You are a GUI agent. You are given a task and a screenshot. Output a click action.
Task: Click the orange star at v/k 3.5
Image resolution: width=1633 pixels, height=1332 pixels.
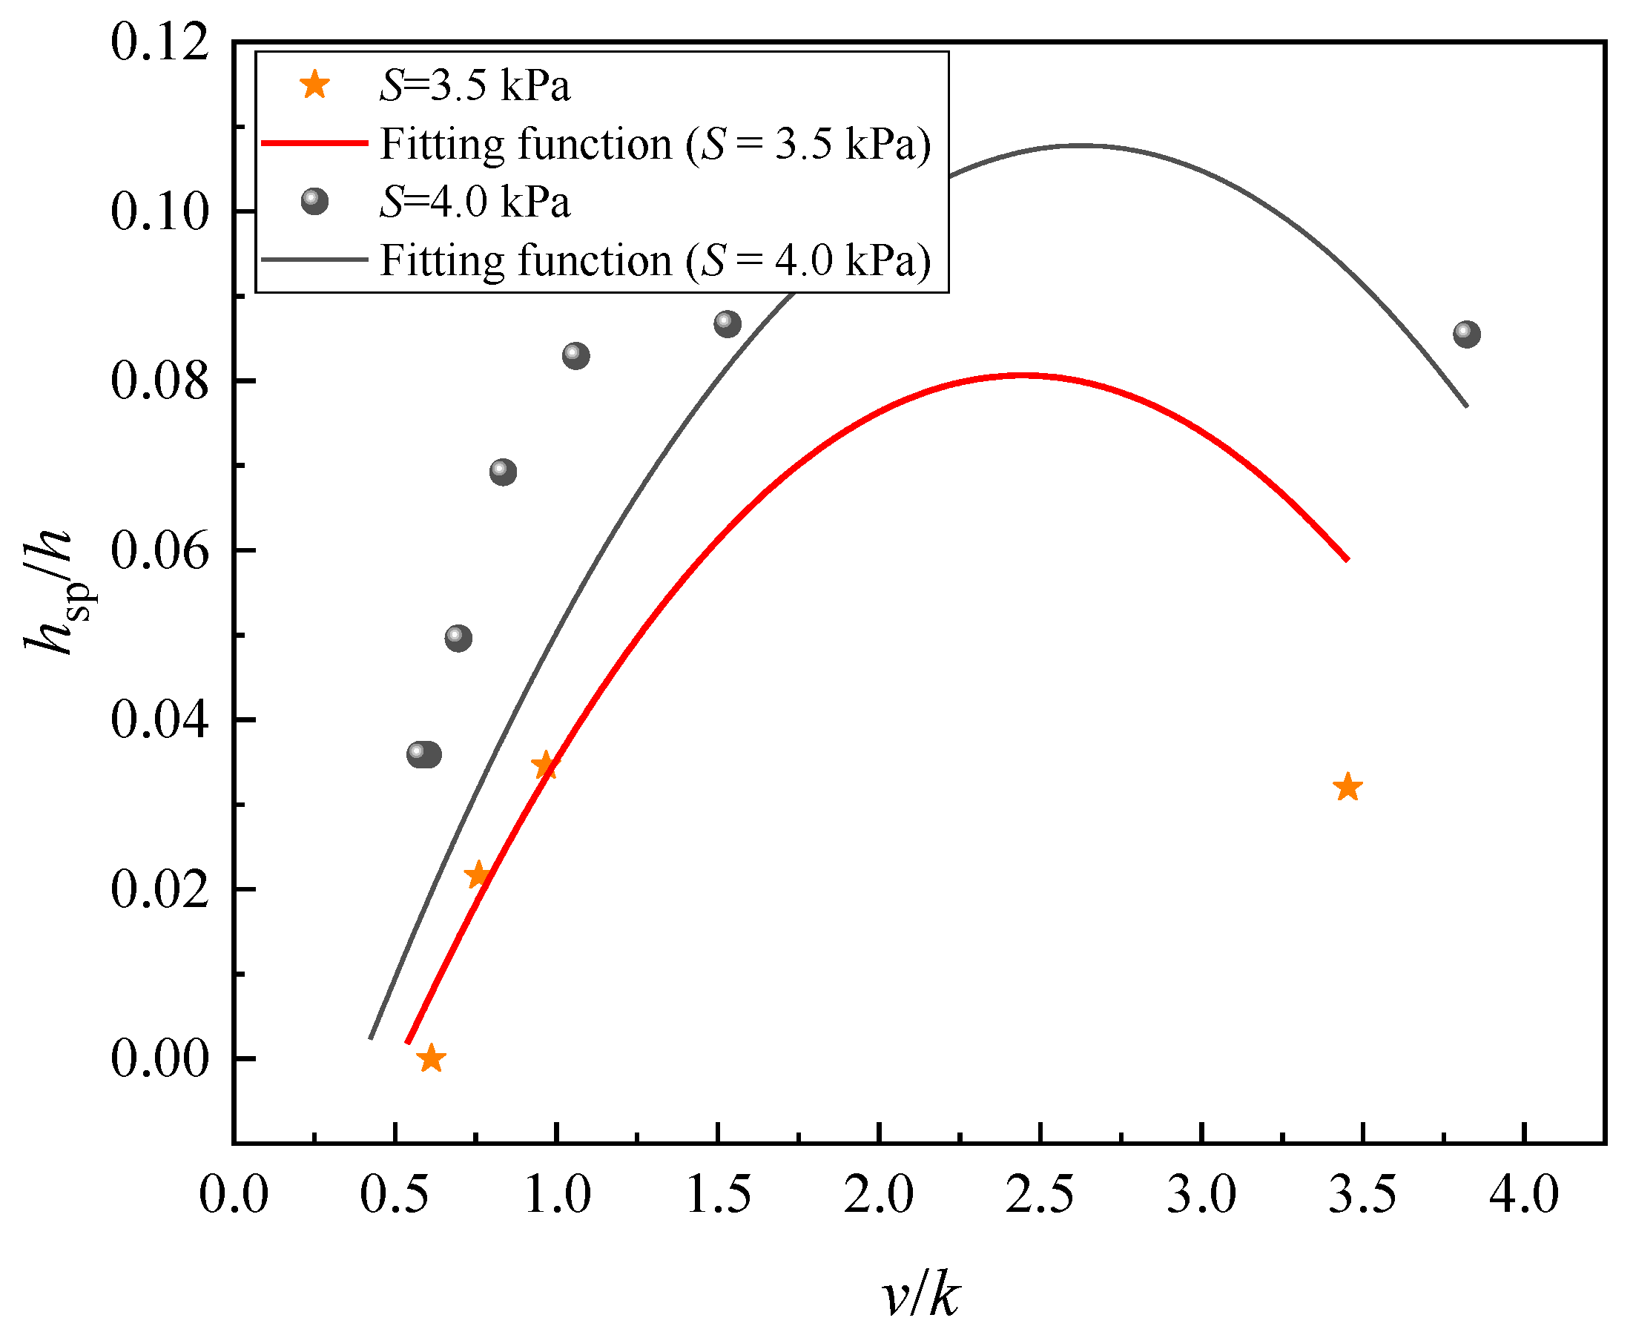[x=1347, y=788]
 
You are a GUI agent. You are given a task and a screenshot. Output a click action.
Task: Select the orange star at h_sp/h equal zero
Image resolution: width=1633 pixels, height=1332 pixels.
[x=431, y=1059]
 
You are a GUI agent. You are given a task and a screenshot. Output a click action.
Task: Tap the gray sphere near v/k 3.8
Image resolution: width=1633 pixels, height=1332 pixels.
[x=1466, y=334]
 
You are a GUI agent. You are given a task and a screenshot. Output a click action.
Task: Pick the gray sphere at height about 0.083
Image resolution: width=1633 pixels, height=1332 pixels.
[x=576, y=356]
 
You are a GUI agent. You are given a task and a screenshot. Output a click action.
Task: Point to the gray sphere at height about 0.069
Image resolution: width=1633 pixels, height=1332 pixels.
[x=503, y=472]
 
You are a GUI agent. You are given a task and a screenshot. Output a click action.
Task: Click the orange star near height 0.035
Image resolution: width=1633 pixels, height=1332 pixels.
[x=545, y=765]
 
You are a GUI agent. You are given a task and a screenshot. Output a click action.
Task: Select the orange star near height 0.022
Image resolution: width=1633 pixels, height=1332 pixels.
[x=478, y=874]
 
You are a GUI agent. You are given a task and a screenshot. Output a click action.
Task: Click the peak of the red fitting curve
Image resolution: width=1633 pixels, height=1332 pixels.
[x=1024, y=376]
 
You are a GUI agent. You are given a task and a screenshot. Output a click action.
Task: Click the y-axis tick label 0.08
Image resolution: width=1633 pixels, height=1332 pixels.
[x=159, y=381]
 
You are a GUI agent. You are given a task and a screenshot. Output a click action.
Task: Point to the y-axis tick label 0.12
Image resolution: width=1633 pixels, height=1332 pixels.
[x=159, y=42]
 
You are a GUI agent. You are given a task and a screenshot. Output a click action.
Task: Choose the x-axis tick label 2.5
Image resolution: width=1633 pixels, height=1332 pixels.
[x=1039, y=1196]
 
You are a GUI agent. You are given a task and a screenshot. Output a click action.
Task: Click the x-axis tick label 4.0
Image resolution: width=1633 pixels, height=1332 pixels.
[x=1524, y=1196]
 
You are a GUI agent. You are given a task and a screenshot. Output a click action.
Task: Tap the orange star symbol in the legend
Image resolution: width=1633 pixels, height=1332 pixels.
[x=314, y=85]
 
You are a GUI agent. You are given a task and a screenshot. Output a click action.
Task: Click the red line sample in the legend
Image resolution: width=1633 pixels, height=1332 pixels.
[x=314, y=143]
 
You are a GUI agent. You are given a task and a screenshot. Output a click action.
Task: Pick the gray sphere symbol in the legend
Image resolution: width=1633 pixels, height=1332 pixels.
[x=314, y=202]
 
